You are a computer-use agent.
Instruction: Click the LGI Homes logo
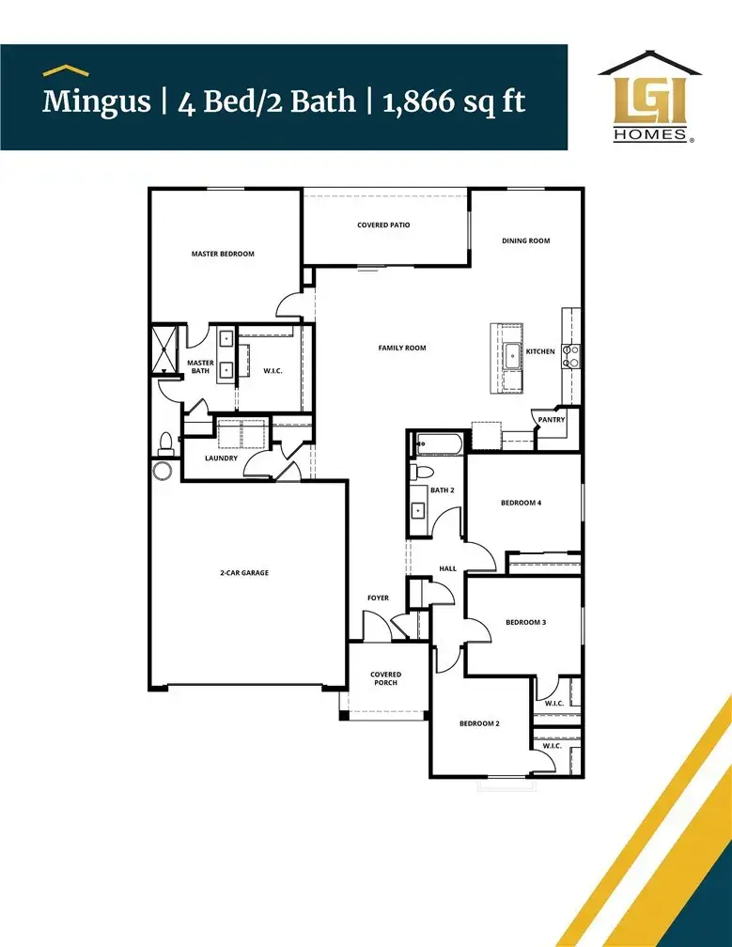tap(647, 97)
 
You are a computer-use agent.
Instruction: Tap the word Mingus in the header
tap(96, 101)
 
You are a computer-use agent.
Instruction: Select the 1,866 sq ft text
tap(454, 101)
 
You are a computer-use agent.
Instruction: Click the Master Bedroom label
tap(223, 254)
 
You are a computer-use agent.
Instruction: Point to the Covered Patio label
tap(383, 225)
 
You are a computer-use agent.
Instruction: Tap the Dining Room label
tap(525, 241)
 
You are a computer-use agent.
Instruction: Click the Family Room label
tap(402, 349)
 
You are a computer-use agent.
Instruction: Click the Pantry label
tap(551, 420)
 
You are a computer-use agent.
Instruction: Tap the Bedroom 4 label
tap(521, 504)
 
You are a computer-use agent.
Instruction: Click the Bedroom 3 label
tap(526, 623)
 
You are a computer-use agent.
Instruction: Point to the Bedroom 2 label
tap(479, 723)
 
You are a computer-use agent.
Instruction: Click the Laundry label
tap(223, 458)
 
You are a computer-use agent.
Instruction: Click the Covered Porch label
tap(385, 678)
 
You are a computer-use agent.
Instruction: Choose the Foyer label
tap(378, 598)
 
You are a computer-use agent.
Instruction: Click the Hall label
tap(448, 568)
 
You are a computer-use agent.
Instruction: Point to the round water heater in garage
tap(164, 470)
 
